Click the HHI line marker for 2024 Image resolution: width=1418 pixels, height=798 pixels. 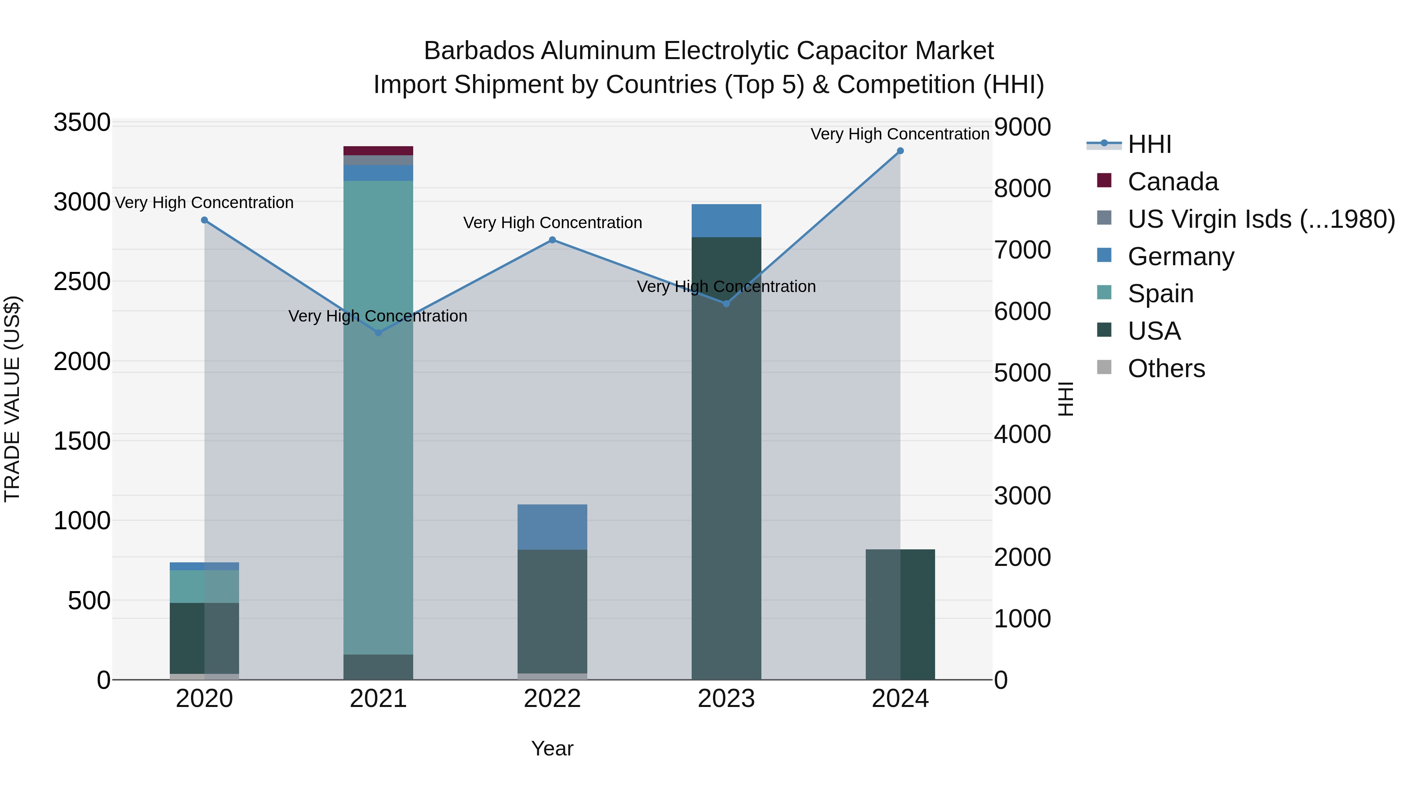click(900, 151)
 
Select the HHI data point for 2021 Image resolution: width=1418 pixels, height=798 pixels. click(378, 333)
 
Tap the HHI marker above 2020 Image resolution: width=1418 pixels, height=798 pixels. click(204, 220)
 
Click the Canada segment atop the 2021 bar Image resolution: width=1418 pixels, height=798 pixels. click(378, 151)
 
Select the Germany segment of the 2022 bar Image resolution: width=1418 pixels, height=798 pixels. click(552, 527)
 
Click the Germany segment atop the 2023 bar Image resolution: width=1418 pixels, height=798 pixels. click(726, 221)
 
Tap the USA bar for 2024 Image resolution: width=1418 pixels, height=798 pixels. click(900, 614)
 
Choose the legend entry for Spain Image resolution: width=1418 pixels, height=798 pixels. click(1160, 294)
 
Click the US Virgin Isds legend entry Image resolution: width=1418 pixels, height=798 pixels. click(1260, 219)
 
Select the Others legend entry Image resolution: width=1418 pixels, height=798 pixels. click(1166, 368)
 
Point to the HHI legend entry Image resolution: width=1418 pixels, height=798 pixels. click(1149, 144)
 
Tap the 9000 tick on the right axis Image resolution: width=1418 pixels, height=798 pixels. click(1022, 126)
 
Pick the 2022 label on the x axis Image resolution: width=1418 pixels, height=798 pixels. click(552, 699)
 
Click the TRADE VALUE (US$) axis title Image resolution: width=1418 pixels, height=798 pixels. click(12, 399)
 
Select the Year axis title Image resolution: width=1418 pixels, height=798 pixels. click(552, 748)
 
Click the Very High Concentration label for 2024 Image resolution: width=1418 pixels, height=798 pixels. click(900, 134)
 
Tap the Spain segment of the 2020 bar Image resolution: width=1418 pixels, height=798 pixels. click(204, 586)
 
